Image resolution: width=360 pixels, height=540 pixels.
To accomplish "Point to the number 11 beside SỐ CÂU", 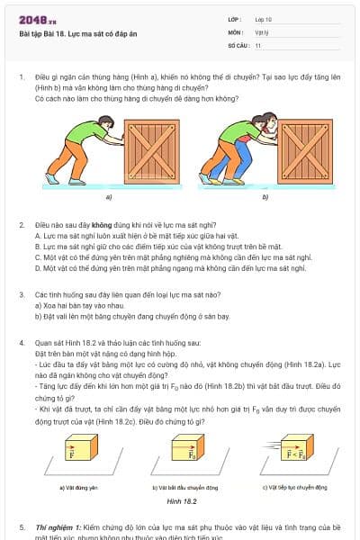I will [258, 44].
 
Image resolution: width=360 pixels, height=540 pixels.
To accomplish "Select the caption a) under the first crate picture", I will [109, 196].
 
